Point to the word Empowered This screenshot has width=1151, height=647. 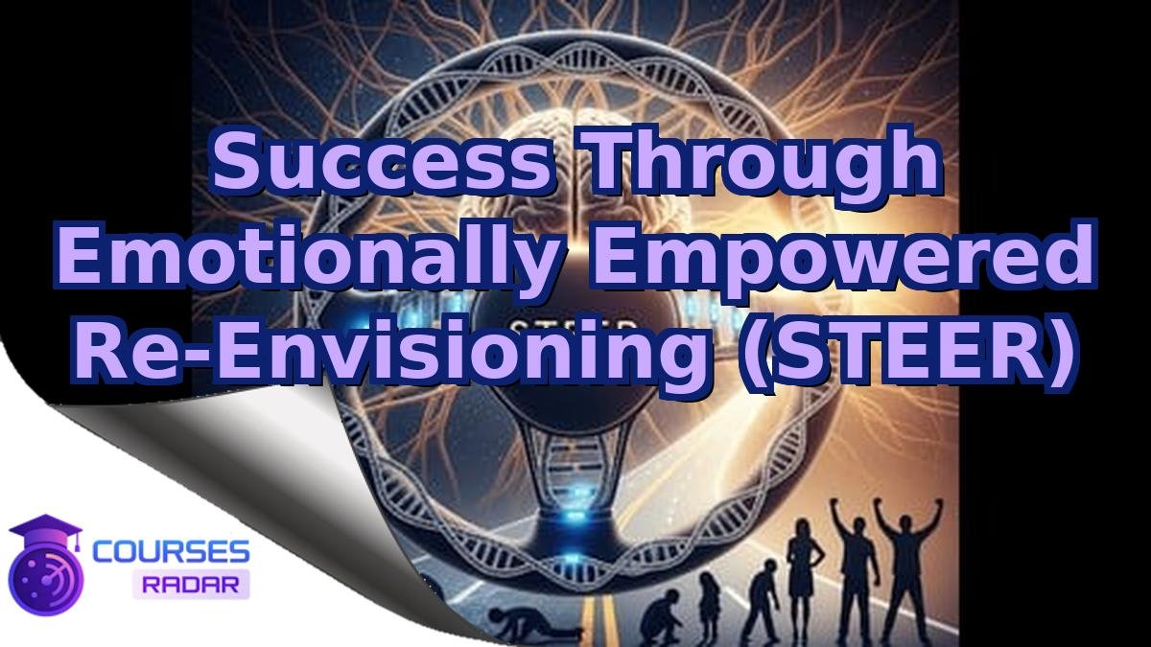coord(844,259)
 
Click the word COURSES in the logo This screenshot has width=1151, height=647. coord(171,552)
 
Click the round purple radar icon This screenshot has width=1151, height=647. coord(43,575)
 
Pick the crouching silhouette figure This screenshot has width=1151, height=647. coord(663,609)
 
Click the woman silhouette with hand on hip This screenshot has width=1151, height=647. coord(800,575)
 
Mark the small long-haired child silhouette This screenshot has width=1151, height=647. coord(710,604)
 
